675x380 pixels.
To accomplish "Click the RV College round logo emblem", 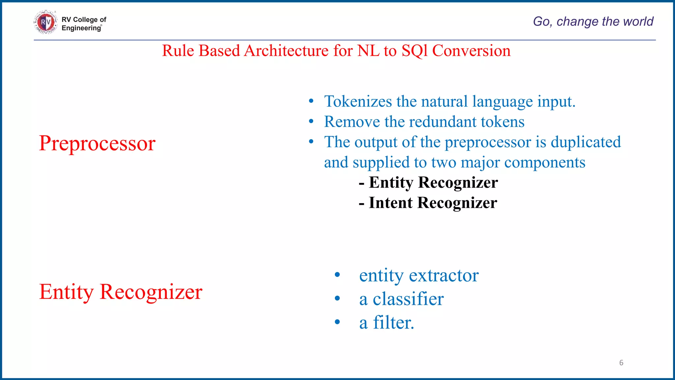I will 45,22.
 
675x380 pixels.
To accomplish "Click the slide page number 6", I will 621,363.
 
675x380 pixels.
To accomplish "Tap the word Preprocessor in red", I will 97,143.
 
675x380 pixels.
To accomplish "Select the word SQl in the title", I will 414,51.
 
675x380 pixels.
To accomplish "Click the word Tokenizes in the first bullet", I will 358,101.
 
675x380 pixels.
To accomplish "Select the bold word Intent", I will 391,203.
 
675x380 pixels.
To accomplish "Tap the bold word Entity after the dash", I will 391,182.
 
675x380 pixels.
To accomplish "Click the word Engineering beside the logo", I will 81,28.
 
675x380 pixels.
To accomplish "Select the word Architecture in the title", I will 286,51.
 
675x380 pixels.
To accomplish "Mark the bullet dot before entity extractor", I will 337,275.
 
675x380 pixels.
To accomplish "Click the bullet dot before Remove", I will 311,122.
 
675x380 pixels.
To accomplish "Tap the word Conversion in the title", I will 471,51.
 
